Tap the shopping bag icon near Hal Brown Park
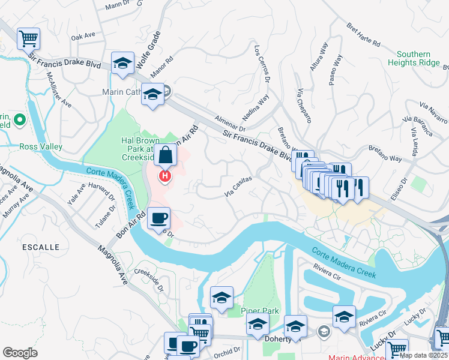165,155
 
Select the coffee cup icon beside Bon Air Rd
158,218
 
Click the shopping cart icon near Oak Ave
28,39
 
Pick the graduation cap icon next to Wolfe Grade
123,63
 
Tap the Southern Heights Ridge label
414,58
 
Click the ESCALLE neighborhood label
41,247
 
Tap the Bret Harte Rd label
364,35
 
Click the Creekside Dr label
150,279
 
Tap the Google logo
20,353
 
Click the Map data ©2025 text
423,355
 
